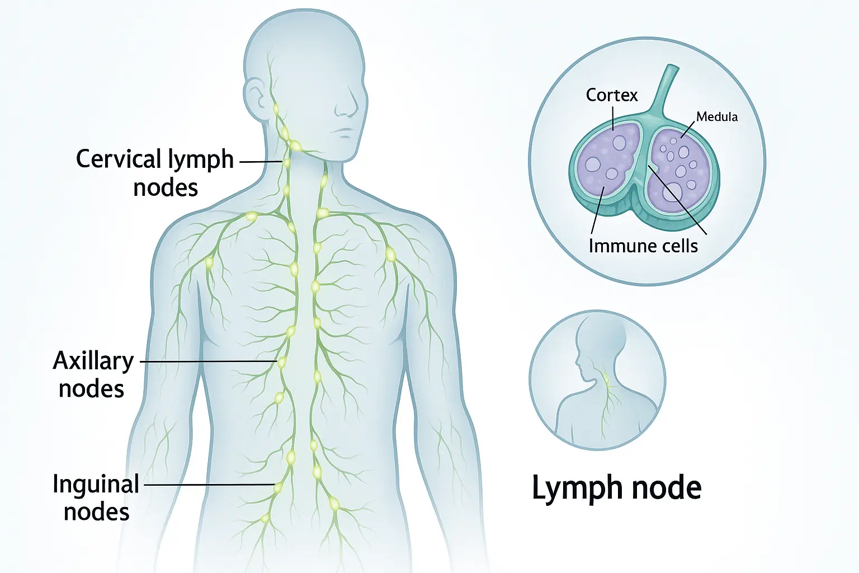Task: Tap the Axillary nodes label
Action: (x=93, y=374)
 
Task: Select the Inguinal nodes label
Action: (x=96, y=497)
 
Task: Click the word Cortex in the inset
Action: (x=611, y=95)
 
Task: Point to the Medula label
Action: (x=716, y=117)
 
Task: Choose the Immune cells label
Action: (x=643, y=246)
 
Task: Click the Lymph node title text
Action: (x=616, y=487)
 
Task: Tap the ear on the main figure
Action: (x=255, y=96)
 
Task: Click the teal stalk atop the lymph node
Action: (x=666, y=90)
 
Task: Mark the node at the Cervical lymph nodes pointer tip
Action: (x=286, y=162)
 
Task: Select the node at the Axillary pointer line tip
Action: (x=282, y=362)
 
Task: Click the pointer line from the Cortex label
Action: (x=613, y=118)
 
